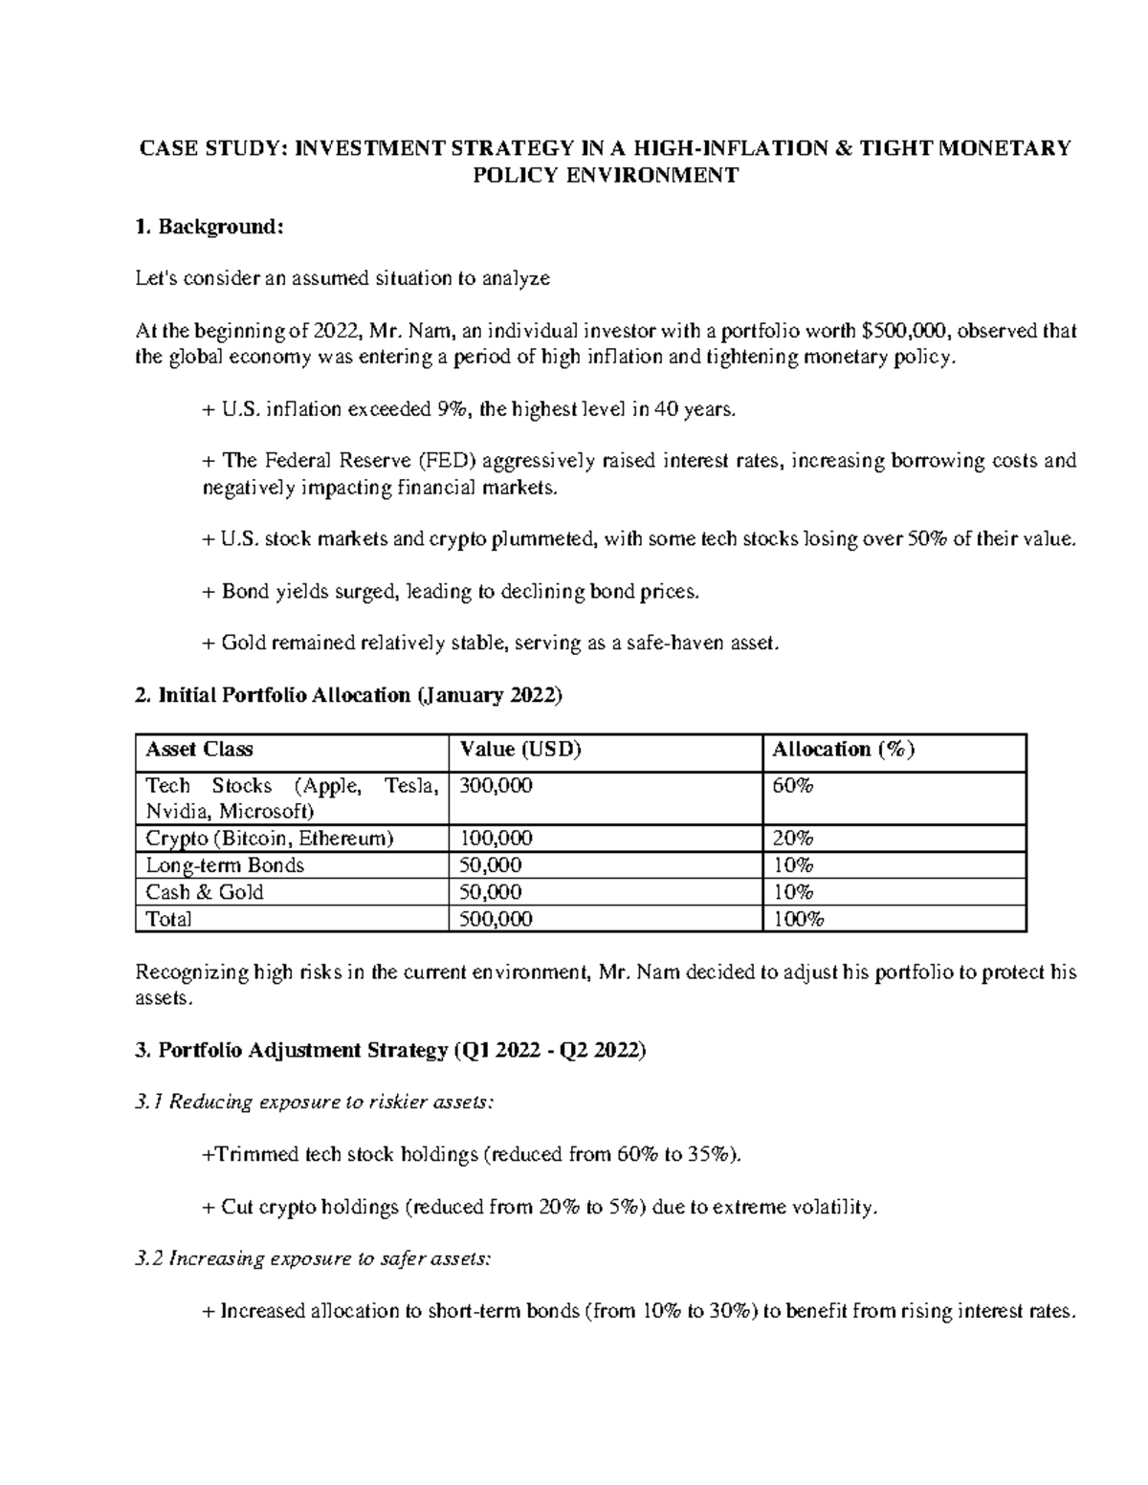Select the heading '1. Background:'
[x=210, y=227]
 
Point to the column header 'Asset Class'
[x=199, y=750]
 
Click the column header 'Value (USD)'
[x=520, y=750]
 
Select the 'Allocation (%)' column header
[x=844, y=750]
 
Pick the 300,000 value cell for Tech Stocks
[x=497, y=786]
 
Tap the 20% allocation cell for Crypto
[x=793, y=839]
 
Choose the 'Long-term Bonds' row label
[x=225, y=865]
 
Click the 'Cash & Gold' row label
[x=205, y=892]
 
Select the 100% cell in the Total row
[x=798, y=919]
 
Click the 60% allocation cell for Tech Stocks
[x=793, y=786]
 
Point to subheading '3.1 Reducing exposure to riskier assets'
[x=316, y=1103]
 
